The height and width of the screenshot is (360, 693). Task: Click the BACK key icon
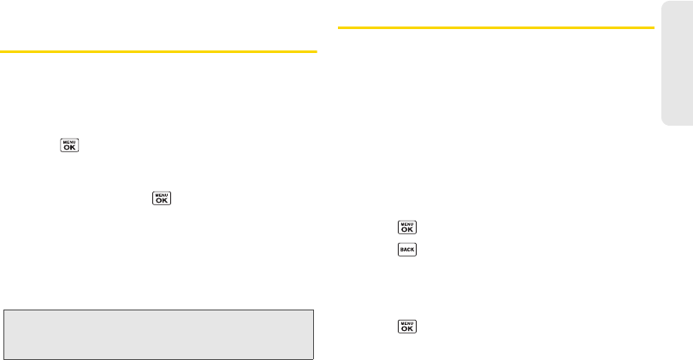coord(406,250)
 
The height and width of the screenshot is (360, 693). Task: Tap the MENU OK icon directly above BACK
coord(406,227)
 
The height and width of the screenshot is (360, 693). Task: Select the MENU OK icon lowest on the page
coord(406,326)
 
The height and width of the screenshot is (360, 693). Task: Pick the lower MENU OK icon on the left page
coord(161,198)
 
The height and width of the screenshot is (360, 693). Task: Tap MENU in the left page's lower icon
coord(161,194)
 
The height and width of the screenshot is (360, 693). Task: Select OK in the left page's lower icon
coord(161,201)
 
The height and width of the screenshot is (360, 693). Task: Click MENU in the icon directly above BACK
coord(406,223)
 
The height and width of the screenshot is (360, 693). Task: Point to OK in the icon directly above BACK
coord(406,230)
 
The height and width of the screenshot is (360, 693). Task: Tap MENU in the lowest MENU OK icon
coord(406,322)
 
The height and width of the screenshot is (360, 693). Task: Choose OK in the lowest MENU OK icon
coord(406,328)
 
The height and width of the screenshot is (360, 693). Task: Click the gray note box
coord(159,334)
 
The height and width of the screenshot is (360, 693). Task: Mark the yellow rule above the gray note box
coord(158,51)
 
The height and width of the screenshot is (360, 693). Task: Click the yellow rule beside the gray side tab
coord(496,27)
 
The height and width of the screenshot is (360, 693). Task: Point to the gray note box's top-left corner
coord(4,310)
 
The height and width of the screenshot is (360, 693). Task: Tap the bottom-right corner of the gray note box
coord(313,358)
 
